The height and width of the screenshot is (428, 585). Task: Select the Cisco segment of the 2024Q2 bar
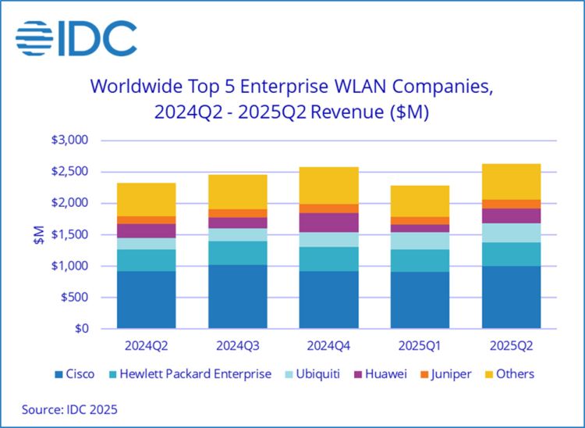coord(147,299)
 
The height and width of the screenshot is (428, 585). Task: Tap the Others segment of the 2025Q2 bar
coord(511,181)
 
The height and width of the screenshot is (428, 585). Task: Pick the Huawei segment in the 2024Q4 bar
coord(328,223)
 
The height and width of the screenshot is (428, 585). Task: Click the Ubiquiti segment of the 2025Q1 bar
coord(420,241)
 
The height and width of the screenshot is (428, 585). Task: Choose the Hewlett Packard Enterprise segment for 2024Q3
coord(238,252)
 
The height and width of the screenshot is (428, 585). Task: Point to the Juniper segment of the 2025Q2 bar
coord(511,204)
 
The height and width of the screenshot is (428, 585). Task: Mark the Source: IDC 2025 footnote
coord(69,408)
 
